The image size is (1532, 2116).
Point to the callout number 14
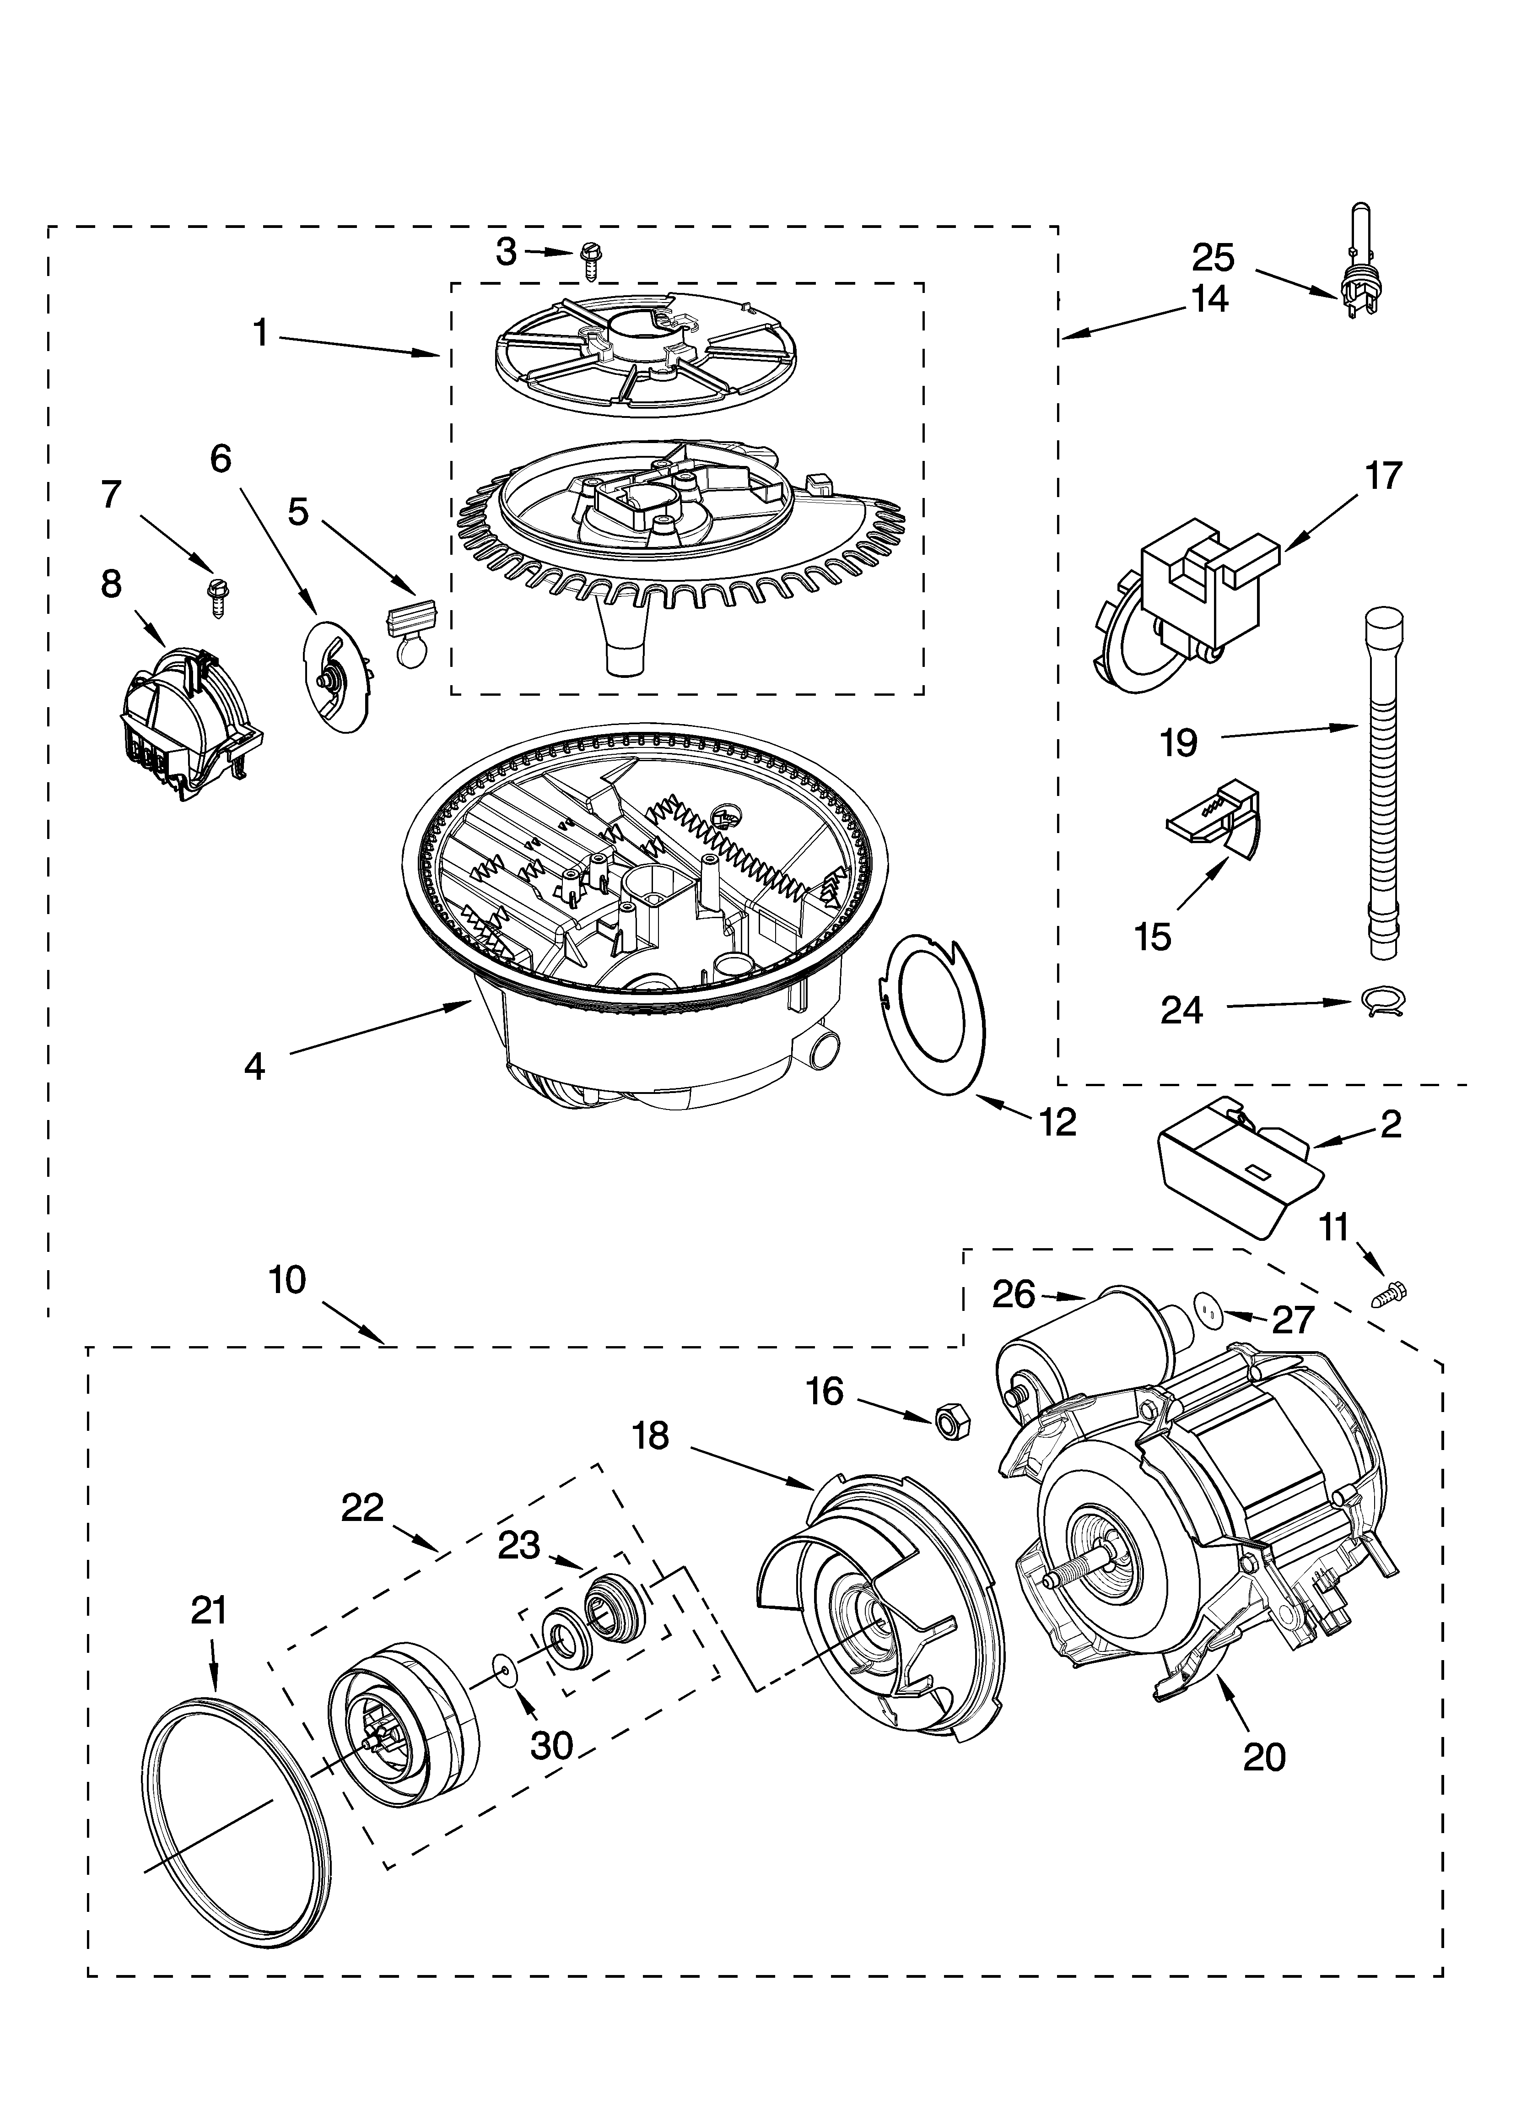click(1209, 299)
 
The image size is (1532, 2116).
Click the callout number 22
click(362, 1508)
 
